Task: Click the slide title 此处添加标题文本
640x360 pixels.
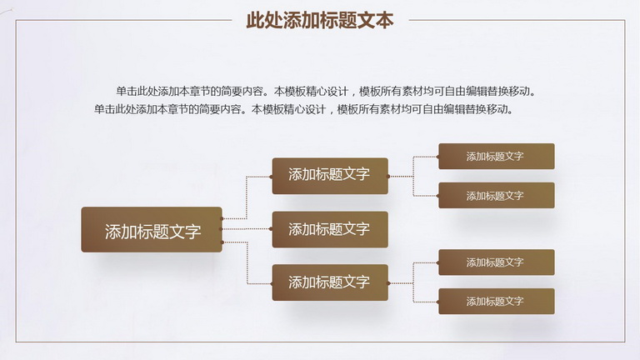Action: (x=320, y=20)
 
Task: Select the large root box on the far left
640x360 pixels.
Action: (x=152, y=229)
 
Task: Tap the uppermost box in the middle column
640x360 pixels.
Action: (x=330, y=176)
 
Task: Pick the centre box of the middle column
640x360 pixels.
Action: (x=330, y=229)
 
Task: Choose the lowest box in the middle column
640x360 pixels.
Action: (x=330, y=282)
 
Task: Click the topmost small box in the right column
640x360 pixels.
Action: (x=497, y=157)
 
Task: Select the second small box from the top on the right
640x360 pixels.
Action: (x=497, y=196)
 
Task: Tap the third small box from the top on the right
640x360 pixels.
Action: (x=497, y=262)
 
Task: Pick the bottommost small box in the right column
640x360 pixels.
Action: (x=497, y=301)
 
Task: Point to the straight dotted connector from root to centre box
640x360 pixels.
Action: (x=247, y=229)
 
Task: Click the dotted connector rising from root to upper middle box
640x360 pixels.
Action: (x=247, y=197)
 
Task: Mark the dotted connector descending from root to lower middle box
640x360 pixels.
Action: (x=247, y=262)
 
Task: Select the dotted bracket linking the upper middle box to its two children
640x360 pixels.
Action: (x=413, y=177)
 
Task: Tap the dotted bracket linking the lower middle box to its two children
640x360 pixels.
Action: (x=413, y=282)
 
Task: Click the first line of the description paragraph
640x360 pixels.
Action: (x=325, y=91)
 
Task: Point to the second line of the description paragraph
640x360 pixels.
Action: (x=303, y=109)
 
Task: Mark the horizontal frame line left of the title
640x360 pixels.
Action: (x=123, y=20)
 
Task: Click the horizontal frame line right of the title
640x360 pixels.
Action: (x=517, y=20)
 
